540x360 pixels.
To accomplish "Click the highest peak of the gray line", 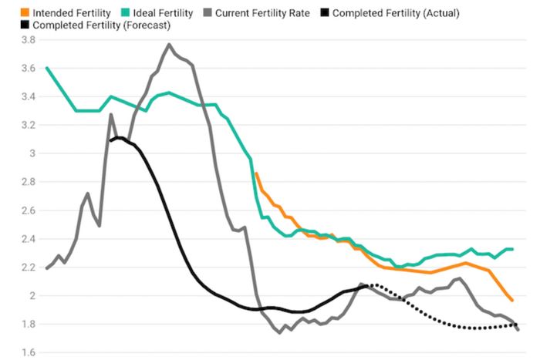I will pyautogui.click(x=169, y=45).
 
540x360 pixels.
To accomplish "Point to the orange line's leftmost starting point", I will pyautogui.click(x=256, y=173).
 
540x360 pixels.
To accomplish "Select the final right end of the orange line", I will pyautogui.click(x=512, y=301).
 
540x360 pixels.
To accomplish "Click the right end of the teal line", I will pyautogui.click(x=514, y=249).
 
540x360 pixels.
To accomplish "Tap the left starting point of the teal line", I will pyautogui.click(x=47, y=68).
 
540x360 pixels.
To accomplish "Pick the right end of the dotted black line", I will pyautogui.click(x=517, y=324).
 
